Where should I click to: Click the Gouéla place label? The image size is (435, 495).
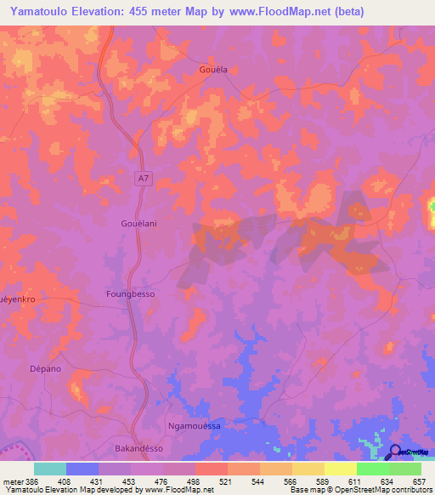[x=212, y=71]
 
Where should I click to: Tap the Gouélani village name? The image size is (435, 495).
[x=133, y=223]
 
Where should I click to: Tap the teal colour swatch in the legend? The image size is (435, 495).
[x=50, y=469]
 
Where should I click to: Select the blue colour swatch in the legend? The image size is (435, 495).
[x=82, y=469]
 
